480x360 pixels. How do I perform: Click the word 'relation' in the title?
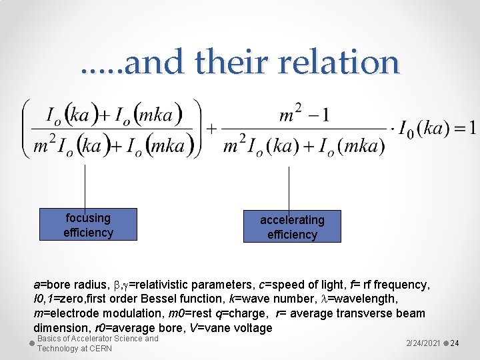point(339,63)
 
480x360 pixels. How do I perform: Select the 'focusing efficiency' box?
point(88,225)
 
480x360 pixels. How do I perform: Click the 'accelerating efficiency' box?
point(292,227)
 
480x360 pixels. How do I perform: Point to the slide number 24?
point(455,343)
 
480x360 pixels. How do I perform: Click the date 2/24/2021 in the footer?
point(423,343)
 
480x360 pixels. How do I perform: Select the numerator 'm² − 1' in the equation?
point(304,115)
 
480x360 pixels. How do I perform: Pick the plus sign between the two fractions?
point(211,129)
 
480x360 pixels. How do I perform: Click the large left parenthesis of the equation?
point(27,128)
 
